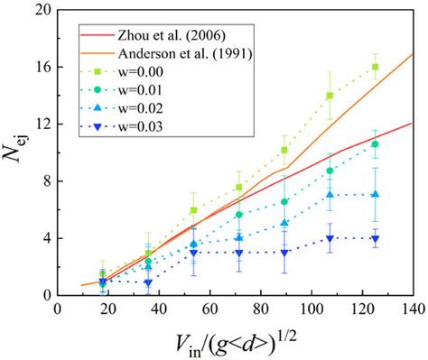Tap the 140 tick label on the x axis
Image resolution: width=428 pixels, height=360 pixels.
coord(412,309)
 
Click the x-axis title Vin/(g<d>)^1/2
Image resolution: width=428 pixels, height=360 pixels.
coord(236,343)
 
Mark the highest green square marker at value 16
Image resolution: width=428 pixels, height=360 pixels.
coord(375,68)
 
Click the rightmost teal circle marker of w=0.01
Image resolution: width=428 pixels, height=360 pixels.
coord(375,144)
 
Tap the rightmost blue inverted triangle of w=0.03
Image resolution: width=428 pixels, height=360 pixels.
coord(375,238)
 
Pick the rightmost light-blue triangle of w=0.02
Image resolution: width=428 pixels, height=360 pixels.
coord(375,195)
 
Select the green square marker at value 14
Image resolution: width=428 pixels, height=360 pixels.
coord(330,96)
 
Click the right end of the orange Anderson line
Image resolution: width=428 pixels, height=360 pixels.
coord(413,54)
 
